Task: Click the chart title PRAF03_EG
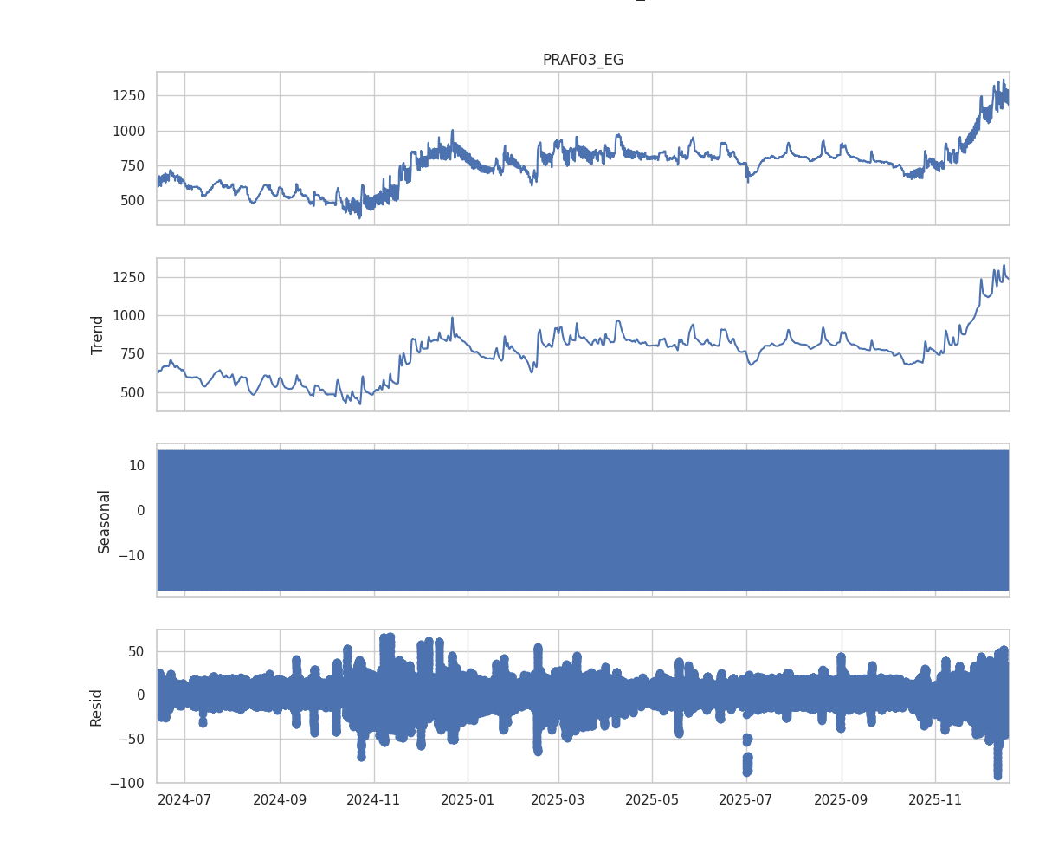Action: (583, 60)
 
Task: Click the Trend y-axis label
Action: (98, 334)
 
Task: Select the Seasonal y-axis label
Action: (105, 520)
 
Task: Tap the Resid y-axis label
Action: (97, 707)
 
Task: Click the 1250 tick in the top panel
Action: (128, 95)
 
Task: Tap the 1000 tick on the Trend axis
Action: (128, 316)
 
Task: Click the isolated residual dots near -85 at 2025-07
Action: (747, 763)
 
